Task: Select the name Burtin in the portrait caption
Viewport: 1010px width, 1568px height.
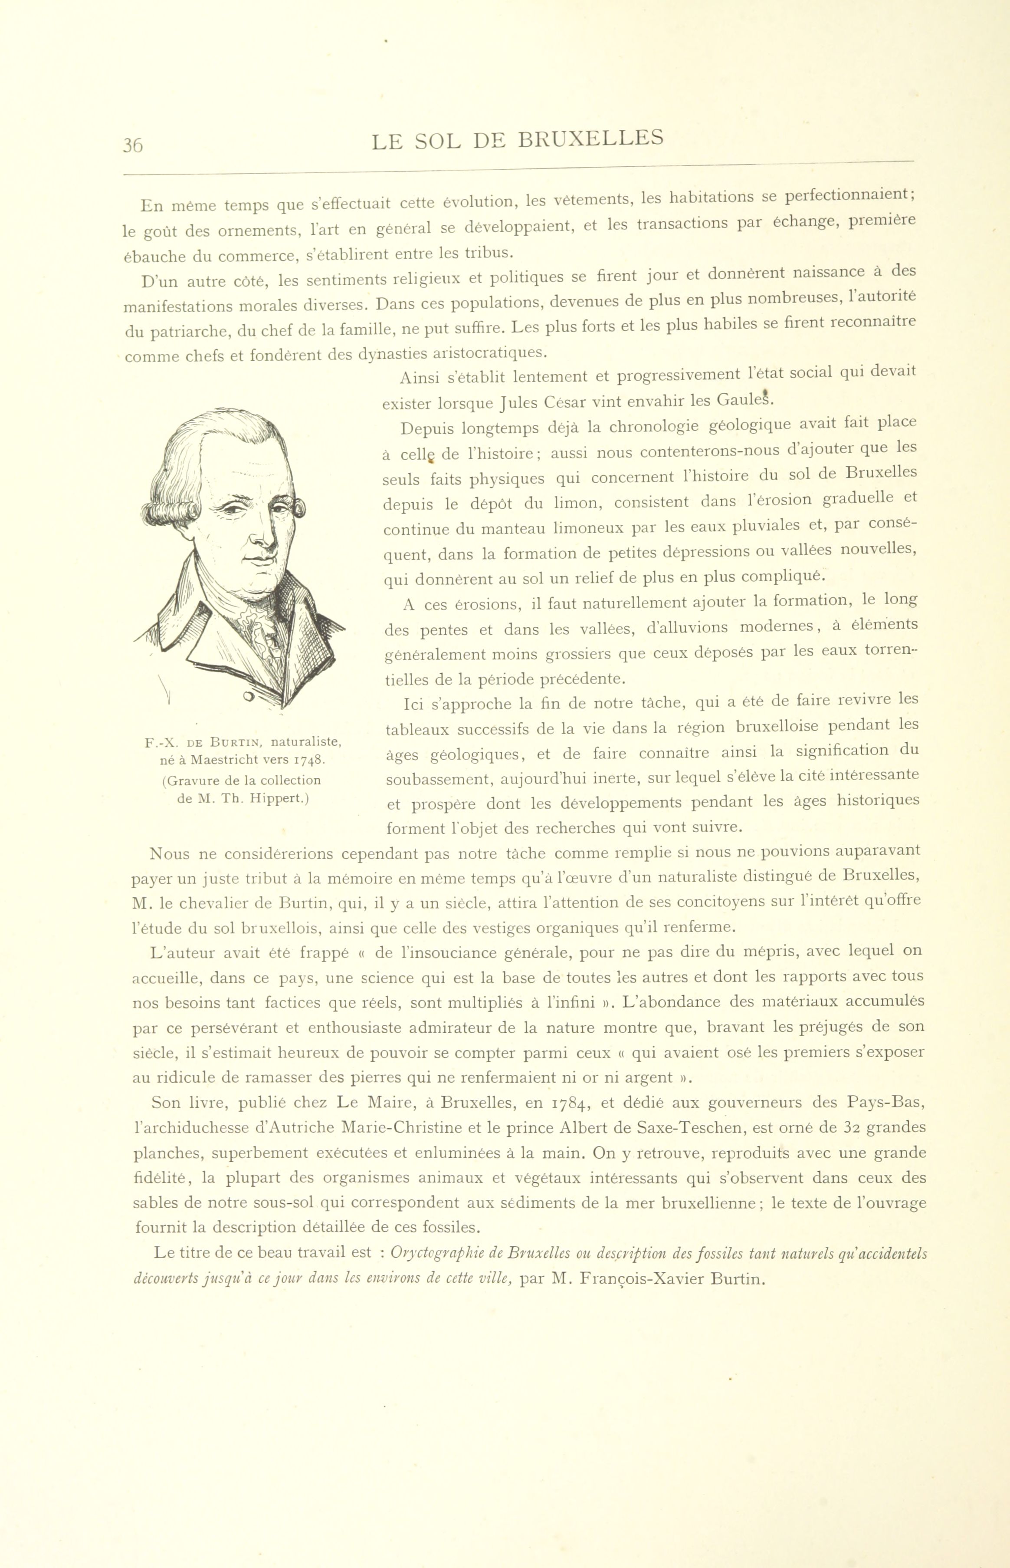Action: [236, 743]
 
